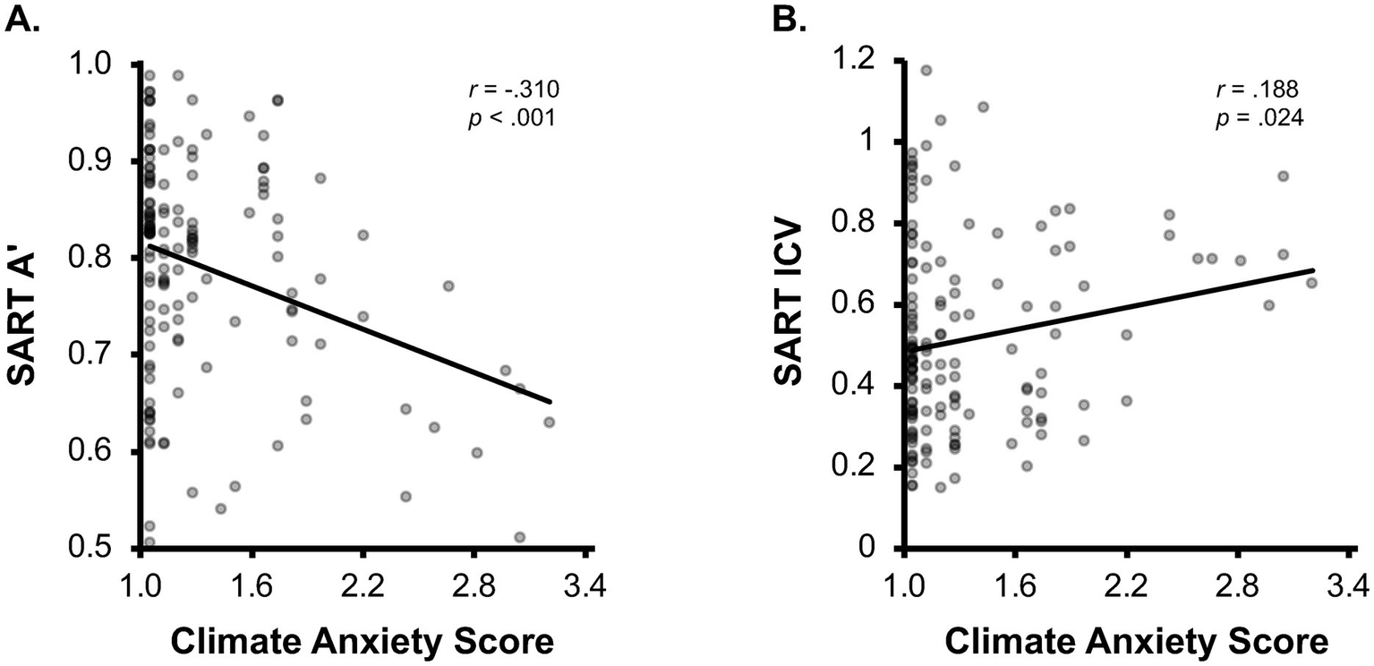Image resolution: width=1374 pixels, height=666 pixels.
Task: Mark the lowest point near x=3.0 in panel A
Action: (x=520, y=537)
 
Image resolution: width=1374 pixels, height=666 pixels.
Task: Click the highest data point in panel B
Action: (x=926, y=70)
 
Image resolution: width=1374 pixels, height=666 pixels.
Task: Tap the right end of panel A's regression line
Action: (x=550, y=403)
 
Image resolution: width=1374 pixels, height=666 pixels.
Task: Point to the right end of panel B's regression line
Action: (x=1313, y=269)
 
